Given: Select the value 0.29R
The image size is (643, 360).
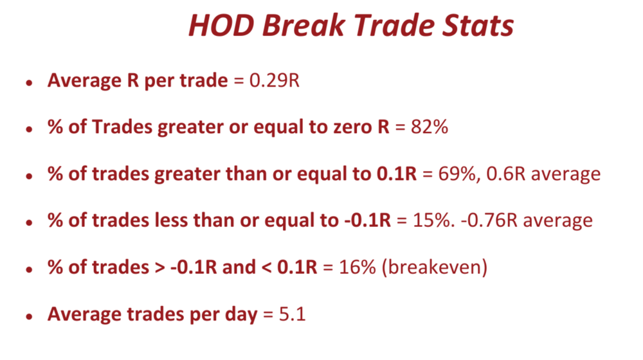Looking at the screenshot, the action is coord(275,80).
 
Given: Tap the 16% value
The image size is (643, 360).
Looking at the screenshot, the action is coord(358,267).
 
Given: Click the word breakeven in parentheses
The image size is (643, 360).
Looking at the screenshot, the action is coord(435,267).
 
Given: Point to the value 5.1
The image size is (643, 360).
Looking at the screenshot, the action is coord(293,314).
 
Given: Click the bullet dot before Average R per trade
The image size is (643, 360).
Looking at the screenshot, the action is coord(29,83).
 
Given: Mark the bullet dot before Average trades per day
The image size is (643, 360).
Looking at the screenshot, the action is coord(29,316).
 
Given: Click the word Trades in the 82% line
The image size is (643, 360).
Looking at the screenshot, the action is coord(122,127).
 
